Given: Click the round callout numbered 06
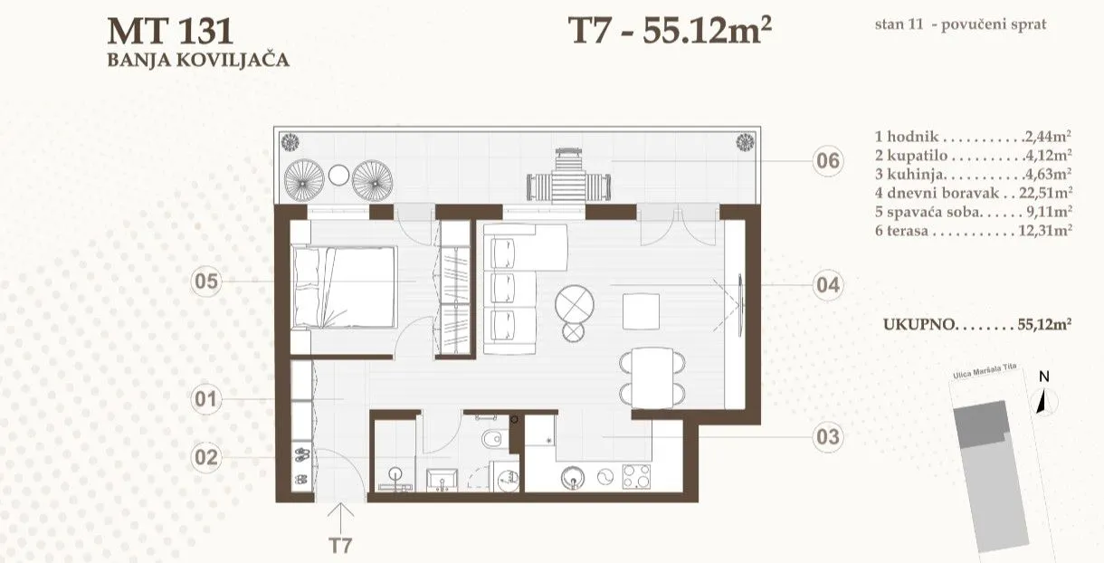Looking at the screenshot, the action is click(x=827, y=161).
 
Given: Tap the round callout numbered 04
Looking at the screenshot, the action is click(x=827, y=285).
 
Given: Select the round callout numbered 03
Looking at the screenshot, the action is click(x=827, y=437).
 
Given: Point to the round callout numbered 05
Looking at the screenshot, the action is click(x=206, y=281).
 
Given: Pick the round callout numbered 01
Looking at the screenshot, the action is click(x=206, y=399).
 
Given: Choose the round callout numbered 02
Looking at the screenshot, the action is click(x=206, y=457).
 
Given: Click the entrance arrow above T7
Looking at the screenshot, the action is click(x=340, y=518).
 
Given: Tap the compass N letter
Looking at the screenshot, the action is click(x=1044, y=377).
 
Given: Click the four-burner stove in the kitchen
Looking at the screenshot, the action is click(x=636, y=476).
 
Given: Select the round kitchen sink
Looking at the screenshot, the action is click(x=573, y=478).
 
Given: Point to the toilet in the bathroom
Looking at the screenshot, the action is click(x=493, y=438).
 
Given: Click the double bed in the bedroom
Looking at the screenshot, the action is click(x=345, y=287).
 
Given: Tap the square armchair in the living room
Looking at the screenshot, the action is click(x=641, y=311).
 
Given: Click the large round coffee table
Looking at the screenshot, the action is click(x=575, y=304).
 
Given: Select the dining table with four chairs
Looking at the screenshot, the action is click(x=652, y=378).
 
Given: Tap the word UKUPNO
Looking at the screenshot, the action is click(x=919, y=324).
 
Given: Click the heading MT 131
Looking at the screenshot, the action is click(x=170, y=31).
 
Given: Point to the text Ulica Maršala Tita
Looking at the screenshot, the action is click(x=985, y=372).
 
